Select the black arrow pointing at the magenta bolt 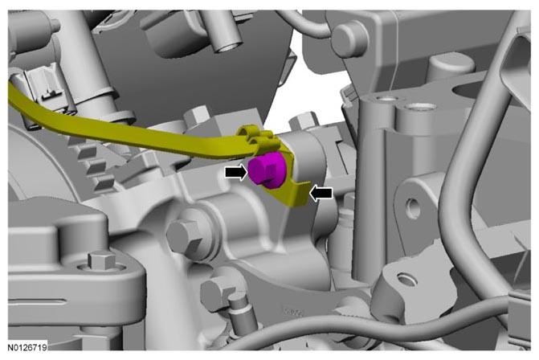click(236, 172)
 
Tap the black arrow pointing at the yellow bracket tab click(321, 193)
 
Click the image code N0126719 click(27, 348)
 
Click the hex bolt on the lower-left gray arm click(101, 260)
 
